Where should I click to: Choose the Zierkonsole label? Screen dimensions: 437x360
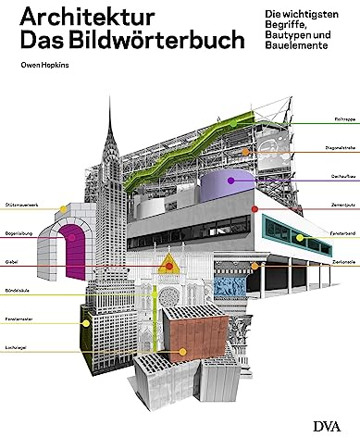[x=339, y=265]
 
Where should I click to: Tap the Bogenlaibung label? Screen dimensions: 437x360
[x=19, y=235]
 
